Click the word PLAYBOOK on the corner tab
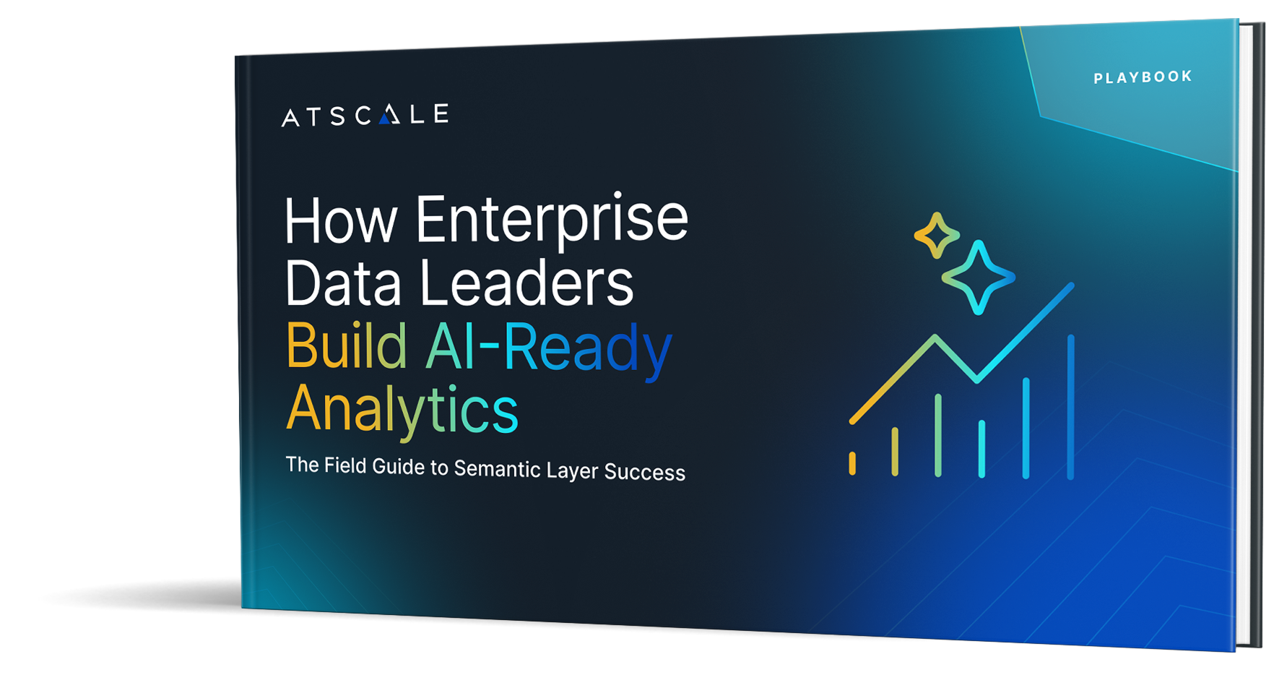[x=1143, y=77]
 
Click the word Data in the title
[x=342, y=283]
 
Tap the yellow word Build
[x=347, y=346]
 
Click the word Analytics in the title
[x=402, y=410]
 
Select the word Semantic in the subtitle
[x=497, y=469]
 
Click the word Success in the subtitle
[x=644, y=472]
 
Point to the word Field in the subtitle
[x=344, y=465]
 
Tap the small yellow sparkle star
[x=937, y=236]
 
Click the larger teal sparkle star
[x=979, y=278]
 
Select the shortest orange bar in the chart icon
[x=852, y=463]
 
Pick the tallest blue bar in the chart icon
[x=1070, y=406]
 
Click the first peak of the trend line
[x=936, y=337]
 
